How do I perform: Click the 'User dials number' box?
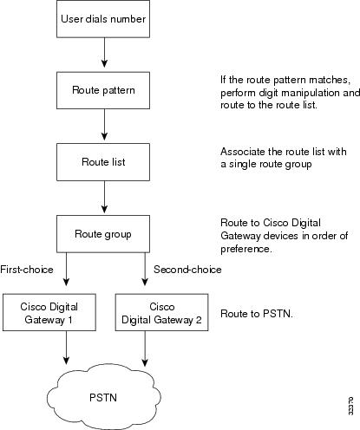click(x=103, y=18)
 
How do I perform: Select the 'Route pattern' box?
click(x=103, y=88)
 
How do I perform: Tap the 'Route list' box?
click(x=103, y=160)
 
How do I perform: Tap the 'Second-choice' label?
click(x=187, y=270)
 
